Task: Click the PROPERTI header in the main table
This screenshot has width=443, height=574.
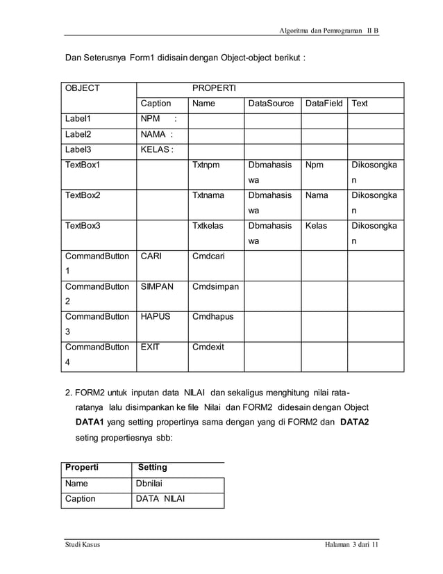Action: click(x=213, y=89)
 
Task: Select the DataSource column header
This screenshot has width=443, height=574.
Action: click(x=271, y=104)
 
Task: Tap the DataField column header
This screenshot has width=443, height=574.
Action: click(x=324, y=104)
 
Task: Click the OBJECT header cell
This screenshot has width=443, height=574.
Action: click(x=83, y=89)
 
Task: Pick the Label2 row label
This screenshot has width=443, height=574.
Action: click(x=78, y=134)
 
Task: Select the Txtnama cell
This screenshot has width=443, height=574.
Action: click(x=208, y=195)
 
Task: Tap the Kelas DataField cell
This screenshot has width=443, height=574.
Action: click(x=316, y=226)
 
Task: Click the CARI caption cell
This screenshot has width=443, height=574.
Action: click(x=151, y=256)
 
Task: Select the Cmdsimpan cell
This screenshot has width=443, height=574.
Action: click(x=215, y=286)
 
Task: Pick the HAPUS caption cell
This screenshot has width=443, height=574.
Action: click(x=156, y=317)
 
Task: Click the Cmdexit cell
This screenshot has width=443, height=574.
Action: click(x=208, y=347)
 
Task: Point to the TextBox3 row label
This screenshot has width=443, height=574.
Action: click(x=83, y=226)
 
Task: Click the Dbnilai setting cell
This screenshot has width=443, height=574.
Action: click(x=152, y=484)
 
